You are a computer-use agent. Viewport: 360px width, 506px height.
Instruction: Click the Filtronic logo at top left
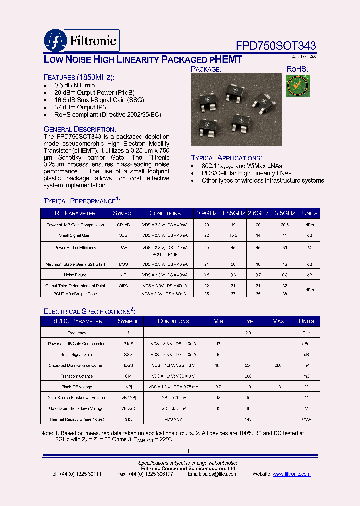[81, 40]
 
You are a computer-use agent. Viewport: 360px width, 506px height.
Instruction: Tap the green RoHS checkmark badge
[298, 86]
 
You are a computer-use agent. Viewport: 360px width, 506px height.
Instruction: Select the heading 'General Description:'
[80, 129]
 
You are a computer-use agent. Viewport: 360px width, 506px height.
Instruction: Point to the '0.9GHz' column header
[206, 213]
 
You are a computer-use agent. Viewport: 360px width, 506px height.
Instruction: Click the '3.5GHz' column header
[285, 213]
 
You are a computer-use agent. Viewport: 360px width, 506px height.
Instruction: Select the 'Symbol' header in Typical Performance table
[123, 213]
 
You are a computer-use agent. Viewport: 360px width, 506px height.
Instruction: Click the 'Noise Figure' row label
[74, 275]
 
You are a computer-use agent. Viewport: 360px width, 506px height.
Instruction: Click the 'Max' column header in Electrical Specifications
[278, 321]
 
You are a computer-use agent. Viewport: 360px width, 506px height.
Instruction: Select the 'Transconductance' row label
[77, 376]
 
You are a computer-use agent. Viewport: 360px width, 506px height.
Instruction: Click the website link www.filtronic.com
[292, 474]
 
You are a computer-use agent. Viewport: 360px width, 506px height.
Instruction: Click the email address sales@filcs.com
[215, 474]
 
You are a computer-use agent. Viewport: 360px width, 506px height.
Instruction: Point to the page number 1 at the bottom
[188, 451]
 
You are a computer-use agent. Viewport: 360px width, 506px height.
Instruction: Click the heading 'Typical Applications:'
[226, 158]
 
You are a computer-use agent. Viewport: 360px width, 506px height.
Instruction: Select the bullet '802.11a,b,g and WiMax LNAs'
[242, 166]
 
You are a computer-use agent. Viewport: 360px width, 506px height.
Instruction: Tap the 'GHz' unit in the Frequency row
[306, 333]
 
